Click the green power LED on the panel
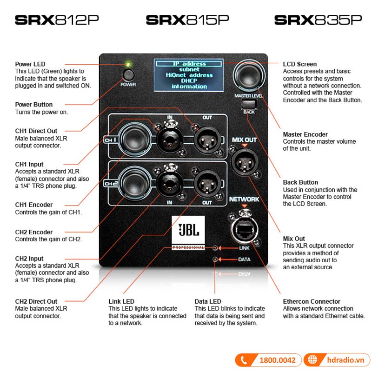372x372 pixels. [128, 64]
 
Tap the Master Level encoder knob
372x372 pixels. [249, 74]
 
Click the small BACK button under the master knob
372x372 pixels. [249, 103]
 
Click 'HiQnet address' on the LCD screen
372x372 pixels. [189, 75]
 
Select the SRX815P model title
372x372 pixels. [187, 20]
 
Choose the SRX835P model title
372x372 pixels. [318, 20]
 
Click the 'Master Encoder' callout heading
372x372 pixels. [305, 134]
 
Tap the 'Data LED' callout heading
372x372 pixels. [208, 301]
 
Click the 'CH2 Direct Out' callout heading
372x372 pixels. [36, 301]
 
